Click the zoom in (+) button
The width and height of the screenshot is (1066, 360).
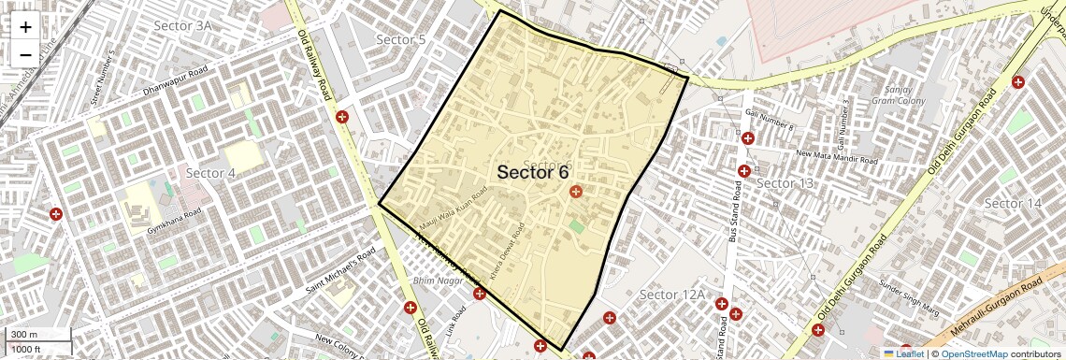pos(25,27)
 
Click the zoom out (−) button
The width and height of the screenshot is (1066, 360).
pos(25,55)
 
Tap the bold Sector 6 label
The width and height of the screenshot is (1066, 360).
pos(533,172)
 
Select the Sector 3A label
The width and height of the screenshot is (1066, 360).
pos(182,25)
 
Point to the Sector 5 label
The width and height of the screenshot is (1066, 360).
pos(400,39)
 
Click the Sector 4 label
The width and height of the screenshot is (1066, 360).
pos(210,173)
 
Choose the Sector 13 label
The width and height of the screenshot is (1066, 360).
pos(785,182)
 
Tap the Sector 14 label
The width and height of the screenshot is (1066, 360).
pos(1013,203)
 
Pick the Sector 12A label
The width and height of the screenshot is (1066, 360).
pos(671,295)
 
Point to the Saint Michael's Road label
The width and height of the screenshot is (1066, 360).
pos(340,271)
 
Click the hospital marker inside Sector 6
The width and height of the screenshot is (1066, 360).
pos(575,192)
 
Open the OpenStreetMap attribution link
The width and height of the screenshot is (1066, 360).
pos(973,354)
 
